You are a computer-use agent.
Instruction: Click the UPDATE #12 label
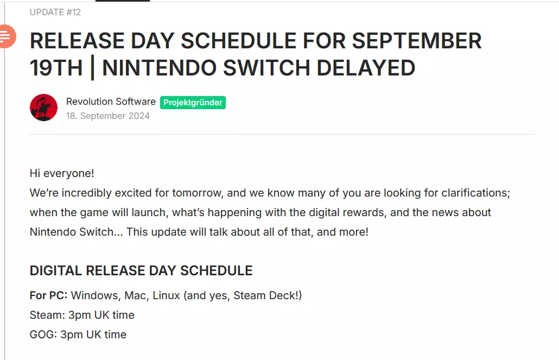pyautogui.click(x=55, y=12)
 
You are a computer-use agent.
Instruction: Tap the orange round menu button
pyautogui.click(x=7, y=36)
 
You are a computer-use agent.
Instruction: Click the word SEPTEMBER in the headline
pyautogui.click(x=417, y=41)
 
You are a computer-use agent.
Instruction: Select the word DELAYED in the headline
pyautogui.click(x=366, y=68)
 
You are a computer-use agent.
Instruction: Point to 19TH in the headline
pyautogui.click(x=56, y=68)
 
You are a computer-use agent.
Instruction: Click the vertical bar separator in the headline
pyautogui.click(x=93, y=68)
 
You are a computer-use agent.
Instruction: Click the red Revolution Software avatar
pyautogui.click(x=43, y=108)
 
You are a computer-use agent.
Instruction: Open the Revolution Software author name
pyautogui.click(x=111, y=102)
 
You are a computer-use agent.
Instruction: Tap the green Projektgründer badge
pyautogui.click(x=193, y=103)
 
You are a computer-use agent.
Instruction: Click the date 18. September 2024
pyautogui.click(x=108, y=116)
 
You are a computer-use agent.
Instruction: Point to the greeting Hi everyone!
pyautogui.click(x=62, y=173)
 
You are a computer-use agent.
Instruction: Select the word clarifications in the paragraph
pyautogui.click(x=475, y=193)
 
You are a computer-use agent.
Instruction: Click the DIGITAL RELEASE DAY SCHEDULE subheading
pyautogui.click(x=141, y=270)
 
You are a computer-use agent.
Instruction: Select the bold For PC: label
pyautogui.click(x=48, y=295)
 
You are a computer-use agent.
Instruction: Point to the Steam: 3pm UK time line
pyautogui.click(x=82, y=315)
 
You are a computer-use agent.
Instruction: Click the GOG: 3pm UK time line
pyautogui.click(x=78, y=334)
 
